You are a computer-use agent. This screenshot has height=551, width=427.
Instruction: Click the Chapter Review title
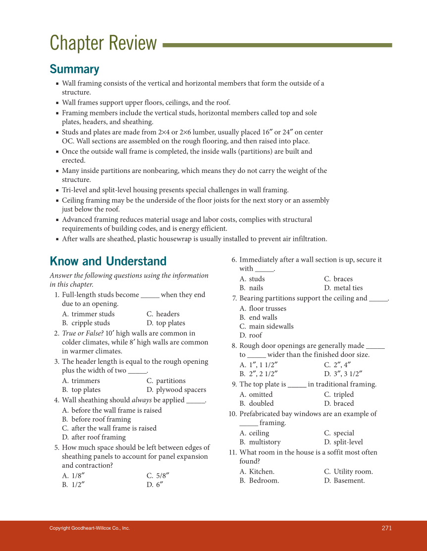coord(103,44)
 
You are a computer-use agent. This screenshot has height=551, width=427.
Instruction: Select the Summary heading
coord(74,69)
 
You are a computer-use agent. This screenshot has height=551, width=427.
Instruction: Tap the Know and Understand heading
coord(108,261)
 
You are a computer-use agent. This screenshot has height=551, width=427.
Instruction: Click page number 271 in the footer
coord(386,528)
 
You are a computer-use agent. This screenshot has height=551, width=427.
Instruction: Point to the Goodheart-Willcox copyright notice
coord(90,528)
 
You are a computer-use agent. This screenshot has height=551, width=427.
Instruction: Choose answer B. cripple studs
coord(86,323)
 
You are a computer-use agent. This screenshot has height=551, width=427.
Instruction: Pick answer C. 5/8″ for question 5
coord(158,476)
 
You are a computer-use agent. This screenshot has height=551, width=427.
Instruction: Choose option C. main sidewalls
coord(266,327)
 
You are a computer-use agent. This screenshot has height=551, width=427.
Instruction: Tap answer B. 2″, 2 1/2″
coord(258,374)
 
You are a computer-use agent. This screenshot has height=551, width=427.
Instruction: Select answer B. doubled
coord(256,403)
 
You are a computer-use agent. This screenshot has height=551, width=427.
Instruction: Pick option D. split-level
coord(343,442)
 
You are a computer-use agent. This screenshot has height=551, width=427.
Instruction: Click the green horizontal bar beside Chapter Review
coord(277,45)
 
